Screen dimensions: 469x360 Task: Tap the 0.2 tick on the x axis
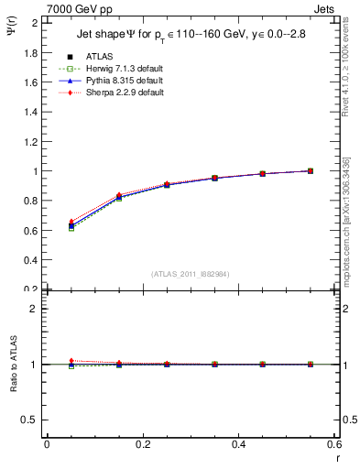143,444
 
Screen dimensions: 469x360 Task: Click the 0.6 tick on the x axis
334,444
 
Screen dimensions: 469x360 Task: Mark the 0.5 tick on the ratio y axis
33,420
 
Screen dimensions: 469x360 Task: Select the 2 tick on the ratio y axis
35,309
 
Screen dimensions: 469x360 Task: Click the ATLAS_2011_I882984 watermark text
190,274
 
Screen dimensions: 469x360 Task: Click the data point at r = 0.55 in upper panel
311,170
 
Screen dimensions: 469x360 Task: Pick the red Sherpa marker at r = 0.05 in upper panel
71,222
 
